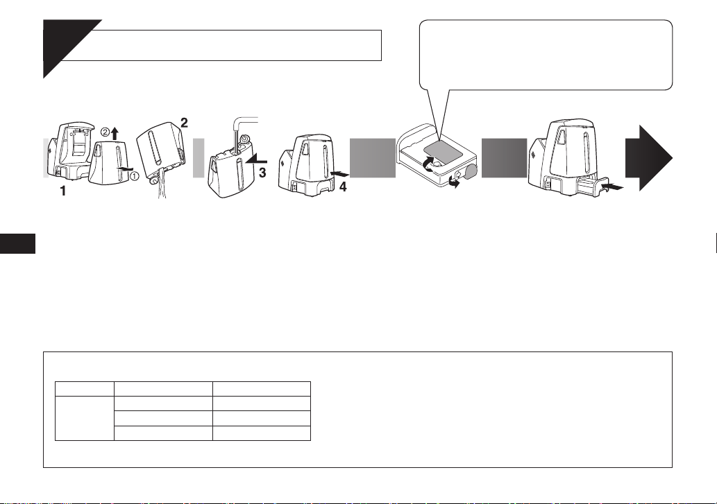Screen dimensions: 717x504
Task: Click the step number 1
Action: pos(64,191)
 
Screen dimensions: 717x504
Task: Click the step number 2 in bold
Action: pos(184,122)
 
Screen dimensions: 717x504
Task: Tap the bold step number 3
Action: pos(262,173)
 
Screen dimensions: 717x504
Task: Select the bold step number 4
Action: pos(342,186)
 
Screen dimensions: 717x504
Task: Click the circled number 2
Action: pos(105,132)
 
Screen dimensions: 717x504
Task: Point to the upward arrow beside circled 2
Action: pos(115,134)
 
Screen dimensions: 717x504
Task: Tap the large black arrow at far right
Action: pos(648,158)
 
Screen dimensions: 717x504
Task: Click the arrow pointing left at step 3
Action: pos(256,159)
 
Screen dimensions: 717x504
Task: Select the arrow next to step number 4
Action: pos(339,173)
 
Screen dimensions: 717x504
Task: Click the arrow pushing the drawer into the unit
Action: pos(612,186)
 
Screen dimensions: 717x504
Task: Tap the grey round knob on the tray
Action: pos(470,171)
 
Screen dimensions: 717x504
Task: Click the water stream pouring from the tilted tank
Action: pos(160,188)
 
